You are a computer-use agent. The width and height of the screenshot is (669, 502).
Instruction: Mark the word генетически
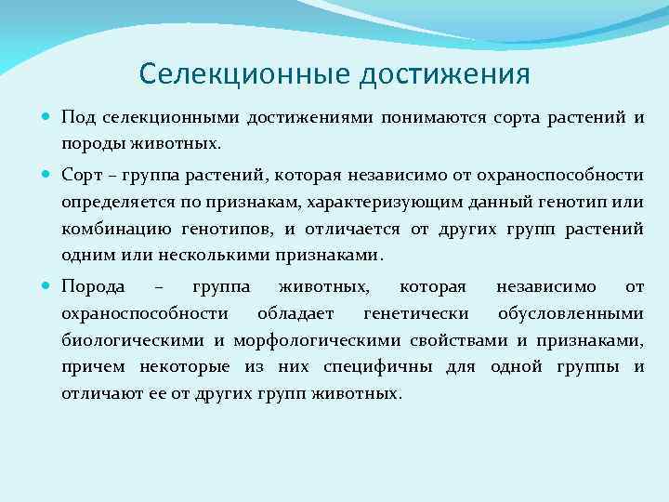click(416, 313)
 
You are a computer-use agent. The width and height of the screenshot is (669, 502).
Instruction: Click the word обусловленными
click(571, 313)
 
